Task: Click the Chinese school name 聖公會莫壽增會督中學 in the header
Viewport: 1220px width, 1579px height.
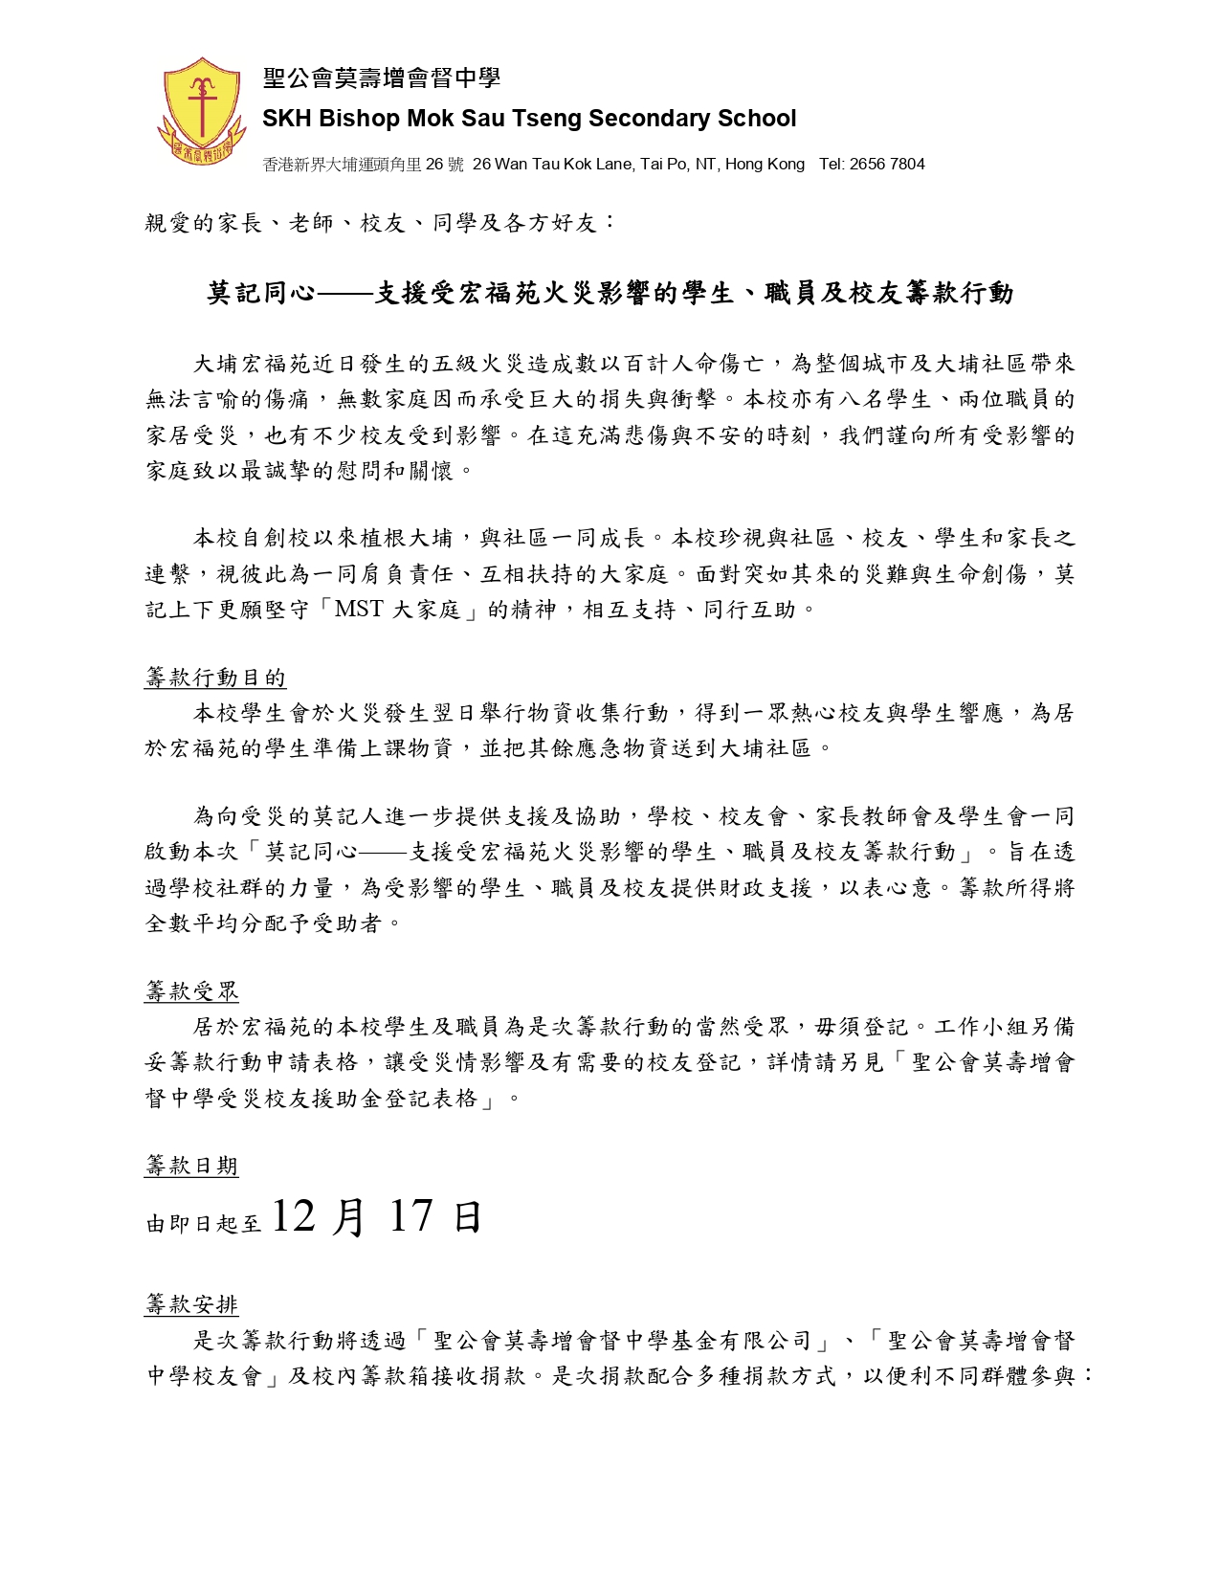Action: click(382, 78)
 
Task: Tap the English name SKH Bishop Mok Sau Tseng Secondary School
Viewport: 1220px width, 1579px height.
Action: click(529, 119)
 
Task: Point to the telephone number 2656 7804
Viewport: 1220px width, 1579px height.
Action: click(894, 165)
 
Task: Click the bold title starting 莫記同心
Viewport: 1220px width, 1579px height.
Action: click(610, 293)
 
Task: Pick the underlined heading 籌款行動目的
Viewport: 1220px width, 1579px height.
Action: click(215, 678)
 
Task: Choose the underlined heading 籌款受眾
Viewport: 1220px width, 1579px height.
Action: click(191, 992)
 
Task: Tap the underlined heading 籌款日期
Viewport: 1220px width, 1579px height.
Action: click(191, 1166)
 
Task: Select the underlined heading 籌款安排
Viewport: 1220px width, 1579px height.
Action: click(191, 1304)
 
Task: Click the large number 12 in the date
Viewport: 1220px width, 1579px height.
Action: click(293, 1215)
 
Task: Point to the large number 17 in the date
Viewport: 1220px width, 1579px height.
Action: click(411, 1215)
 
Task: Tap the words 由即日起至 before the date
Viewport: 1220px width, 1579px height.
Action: click(204, 1223)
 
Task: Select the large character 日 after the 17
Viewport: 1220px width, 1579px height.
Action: click(467, 1217)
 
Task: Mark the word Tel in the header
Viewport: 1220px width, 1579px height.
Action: click(832, 165)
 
